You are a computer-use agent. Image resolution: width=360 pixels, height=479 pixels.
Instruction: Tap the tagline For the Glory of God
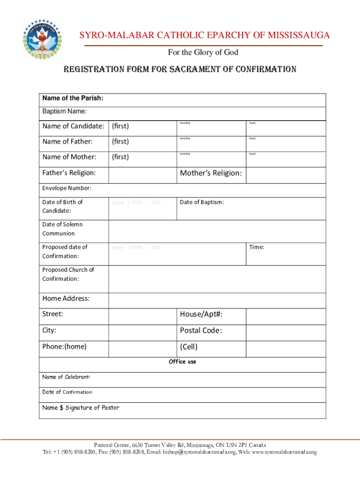pyautogui.click(x=203, y=52)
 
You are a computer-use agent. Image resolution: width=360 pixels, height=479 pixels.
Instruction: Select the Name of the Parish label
pyautogui.click(x=72, y=98)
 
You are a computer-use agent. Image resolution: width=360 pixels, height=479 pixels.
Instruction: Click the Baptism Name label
pyautogui.click(x=65, y=111)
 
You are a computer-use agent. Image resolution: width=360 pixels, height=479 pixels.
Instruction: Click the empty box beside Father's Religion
pyautogui.click(x=143, y=175)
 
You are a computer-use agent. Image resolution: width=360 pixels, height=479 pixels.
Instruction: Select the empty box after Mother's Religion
pyautogui.click(x=286, y=175)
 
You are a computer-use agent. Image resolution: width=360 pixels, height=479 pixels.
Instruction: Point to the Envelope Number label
pyautogui.click(x=67, y=189)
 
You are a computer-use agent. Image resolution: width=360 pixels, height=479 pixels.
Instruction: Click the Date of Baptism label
pyautogui.click(x=202, y=202)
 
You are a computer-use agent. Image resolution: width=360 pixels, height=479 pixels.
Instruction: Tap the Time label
pyautogui.click(x=257, y=247)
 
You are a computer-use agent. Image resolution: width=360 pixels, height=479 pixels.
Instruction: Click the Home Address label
pyautogui.click(x=66, y=298)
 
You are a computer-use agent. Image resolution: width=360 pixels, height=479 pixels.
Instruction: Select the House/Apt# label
pyautogui.click(x=201, y=314)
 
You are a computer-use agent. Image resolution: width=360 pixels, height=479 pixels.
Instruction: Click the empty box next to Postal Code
pyautogui.click(x=286, y=331)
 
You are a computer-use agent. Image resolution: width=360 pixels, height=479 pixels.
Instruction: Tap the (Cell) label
pyautogui.click(x=189, y=347)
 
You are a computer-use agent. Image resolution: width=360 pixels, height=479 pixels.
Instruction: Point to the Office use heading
pyautogui.click(x=182, y=362)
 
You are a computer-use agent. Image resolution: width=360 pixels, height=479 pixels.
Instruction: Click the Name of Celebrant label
pyautogui.click(x=66, y=377)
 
